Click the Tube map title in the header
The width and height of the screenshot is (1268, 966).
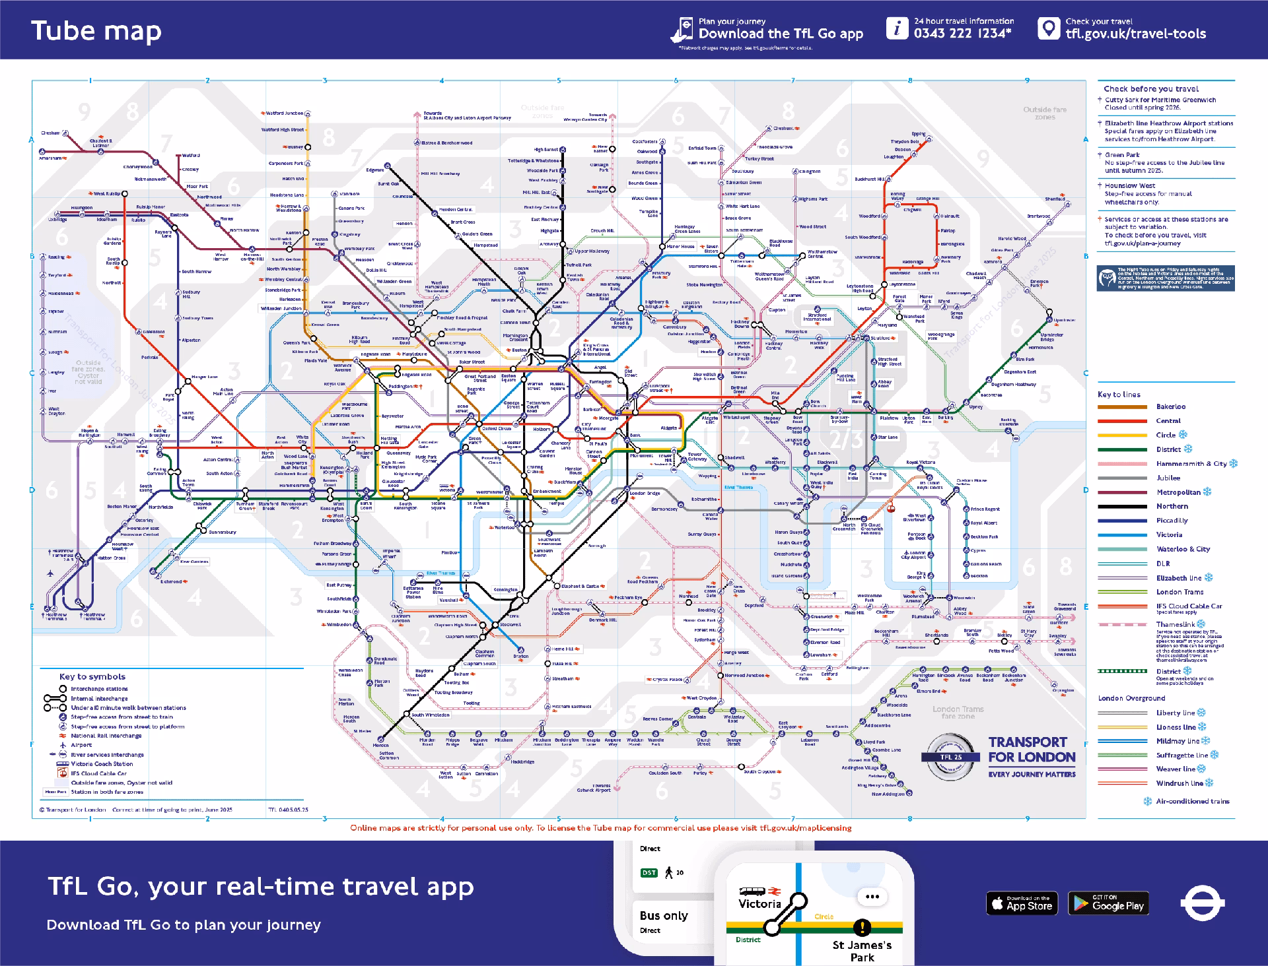[x=96, y=32]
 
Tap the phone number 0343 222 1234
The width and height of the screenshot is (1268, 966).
[x=962, y=34]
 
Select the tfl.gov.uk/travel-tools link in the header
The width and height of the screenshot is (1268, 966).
[x=1135, y=34]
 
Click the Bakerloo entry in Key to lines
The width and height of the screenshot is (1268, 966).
[x=1170, y=406]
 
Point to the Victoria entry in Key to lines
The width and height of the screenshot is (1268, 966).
[x=1169, y=534]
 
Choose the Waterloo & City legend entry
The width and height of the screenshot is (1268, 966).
[x=1183, y=549]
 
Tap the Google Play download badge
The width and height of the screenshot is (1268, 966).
[x=1108, y=903]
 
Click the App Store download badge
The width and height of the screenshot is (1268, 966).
[x=1022, y=903]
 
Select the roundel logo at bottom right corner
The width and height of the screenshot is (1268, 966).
[x=1202, y=903]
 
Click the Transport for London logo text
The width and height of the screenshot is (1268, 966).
[x=1031, y=750]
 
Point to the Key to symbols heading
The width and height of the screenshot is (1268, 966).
[x=92, y=676]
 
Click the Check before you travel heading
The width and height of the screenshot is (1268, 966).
[x=1150, y=88]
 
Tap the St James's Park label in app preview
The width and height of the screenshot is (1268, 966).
[x=862, y=951]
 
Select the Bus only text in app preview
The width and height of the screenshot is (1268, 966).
[x=663, y=915]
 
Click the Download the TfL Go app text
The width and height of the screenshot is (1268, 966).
[x=780, y=34]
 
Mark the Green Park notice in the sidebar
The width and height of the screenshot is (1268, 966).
[x=1164, y=162]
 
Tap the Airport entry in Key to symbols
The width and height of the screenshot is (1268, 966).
[x=81, y=745]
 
